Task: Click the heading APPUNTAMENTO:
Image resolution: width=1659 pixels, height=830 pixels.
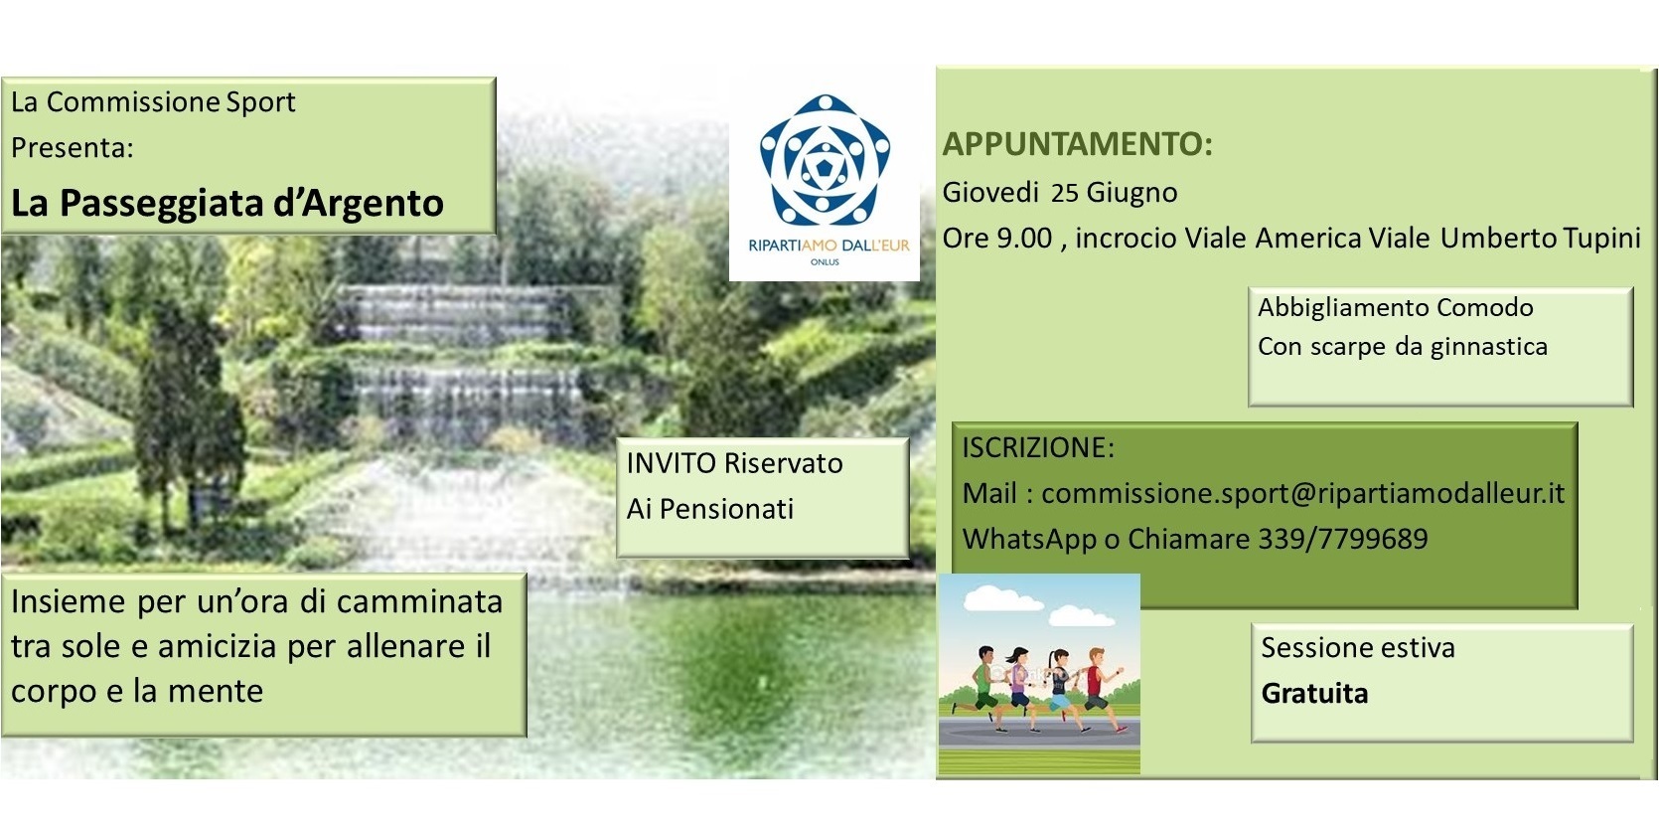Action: pos(1077,144)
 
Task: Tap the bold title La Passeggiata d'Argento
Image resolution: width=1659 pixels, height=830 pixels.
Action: pos(227,203)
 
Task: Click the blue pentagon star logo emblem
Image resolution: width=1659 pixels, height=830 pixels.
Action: pos(825,159)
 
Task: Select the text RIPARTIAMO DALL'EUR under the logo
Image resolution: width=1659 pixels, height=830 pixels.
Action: pos(829,246)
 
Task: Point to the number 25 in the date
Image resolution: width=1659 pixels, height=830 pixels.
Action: pos(1064,193)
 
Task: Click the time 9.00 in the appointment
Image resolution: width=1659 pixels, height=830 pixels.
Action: pos(1024,239)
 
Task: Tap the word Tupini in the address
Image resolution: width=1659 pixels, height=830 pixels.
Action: pos(1602,239)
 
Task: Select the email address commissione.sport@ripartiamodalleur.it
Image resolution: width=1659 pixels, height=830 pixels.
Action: pos(1303,494)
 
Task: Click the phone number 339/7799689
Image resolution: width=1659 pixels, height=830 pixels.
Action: pos(1343,539)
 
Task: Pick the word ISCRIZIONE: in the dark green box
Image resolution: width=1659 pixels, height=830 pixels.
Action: pos(1038,447)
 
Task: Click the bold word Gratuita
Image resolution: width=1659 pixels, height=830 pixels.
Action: pos(1314,694)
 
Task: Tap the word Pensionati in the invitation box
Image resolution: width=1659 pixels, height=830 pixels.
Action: pos(726,509)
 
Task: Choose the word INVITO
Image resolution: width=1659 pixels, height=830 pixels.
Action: pos(671,463)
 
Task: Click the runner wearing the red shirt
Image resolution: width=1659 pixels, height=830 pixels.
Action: pos(1096,689)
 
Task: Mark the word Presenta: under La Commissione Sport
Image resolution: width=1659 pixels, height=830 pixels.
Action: pos(72,148)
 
